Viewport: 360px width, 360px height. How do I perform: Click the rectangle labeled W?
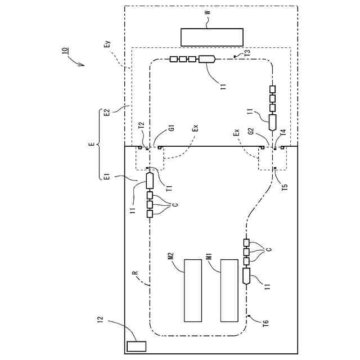click(212, 37)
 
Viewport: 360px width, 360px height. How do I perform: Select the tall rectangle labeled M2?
click(193, 290)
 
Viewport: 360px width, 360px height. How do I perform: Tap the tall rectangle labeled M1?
click(229, 290)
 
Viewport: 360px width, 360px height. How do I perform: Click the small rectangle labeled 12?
click(136, 346)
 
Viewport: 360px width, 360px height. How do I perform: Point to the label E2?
click(107, 112)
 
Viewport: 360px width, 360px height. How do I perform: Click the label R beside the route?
click(135, 274)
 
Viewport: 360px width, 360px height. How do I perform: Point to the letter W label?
click(208, 12)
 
